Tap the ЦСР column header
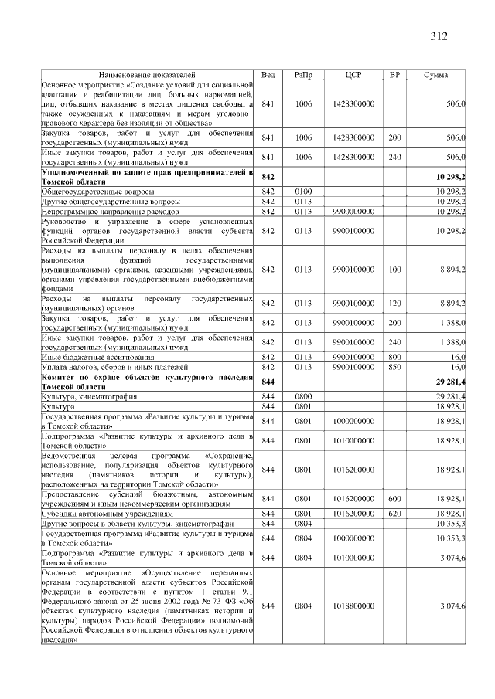click(x=353, y=75)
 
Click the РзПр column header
click(x=303, y=75)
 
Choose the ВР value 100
click(x=394, y=270)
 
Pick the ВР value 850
click(x=394, y=368)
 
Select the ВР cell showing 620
click(x=394, y=514)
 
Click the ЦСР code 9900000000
click(x=353, y=211)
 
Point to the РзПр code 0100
click(x=303, y=191)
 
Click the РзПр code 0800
click(x=303, y=396)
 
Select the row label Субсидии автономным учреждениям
click(x=106, y=514)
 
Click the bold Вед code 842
click(x=268, y=177)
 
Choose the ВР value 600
click(x=394, y=499)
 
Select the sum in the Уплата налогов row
click(x=456, y=368)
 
